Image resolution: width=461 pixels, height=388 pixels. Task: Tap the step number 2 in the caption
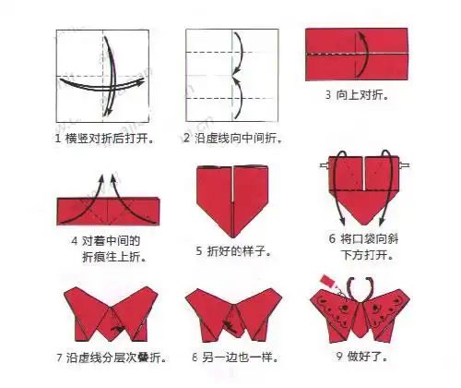186,139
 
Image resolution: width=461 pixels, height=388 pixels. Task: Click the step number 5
199,249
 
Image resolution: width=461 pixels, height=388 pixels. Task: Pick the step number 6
331,238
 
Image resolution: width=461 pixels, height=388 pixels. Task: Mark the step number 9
340,355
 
